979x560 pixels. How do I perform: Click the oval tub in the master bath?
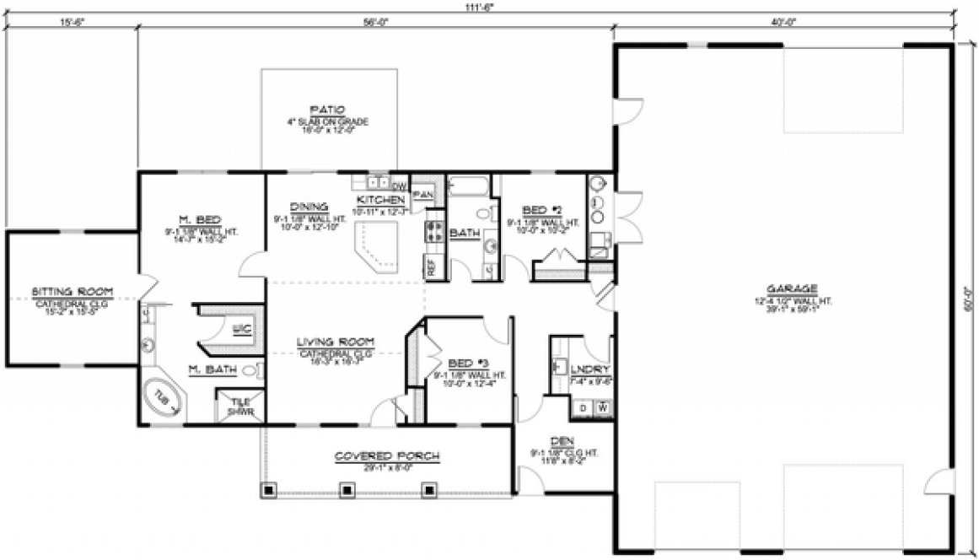(163, 400)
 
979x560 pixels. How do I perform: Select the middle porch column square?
(347, 488)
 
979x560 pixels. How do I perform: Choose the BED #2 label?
(536, 210)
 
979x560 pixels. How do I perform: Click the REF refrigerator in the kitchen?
(430, 266)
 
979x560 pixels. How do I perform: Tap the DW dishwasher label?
(400, 185)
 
